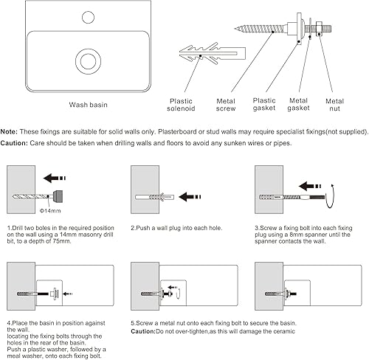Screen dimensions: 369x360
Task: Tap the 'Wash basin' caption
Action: (x=89, y=105)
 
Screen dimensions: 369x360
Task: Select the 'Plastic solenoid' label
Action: (x=181, y=105)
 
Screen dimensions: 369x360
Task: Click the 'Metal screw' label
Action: (x=226, y=105)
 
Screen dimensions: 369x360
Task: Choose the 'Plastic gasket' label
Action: (x=264, y=104)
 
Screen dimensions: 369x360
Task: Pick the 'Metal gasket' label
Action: (x=298, y=104)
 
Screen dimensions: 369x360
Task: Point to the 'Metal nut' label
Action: (x=334, y=105)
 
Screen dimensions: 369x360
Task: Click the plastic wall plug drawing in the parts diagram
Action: (x=213, y=53)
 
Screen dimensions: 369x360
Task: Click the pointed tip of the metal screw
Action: (x=235, y=29)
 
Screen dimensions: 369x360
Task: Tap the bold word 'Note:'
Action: (x=9, y=132)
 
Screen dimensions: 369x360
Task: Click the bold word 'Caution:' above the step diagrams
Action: (x=14, y=143)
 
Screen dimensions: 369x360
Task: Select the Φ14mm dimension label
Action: (x=50, y=211)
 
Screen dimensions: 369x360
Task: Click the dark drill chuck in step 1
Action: (x=58, y=196)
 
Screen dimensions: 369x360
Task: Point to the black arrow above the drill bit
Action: (x=55, y=178)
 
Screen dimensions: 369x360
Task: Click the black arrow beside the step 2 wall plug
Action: (x=190, y=197)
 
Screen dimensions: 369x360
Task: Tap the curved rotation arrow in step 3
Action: (x=331, y=197)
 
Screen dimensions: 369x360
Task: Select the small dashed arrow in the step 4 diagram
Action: (x=68, y=294)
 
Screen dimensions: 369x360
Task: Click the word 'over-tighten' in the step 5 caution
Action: (x=188, y=331)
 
